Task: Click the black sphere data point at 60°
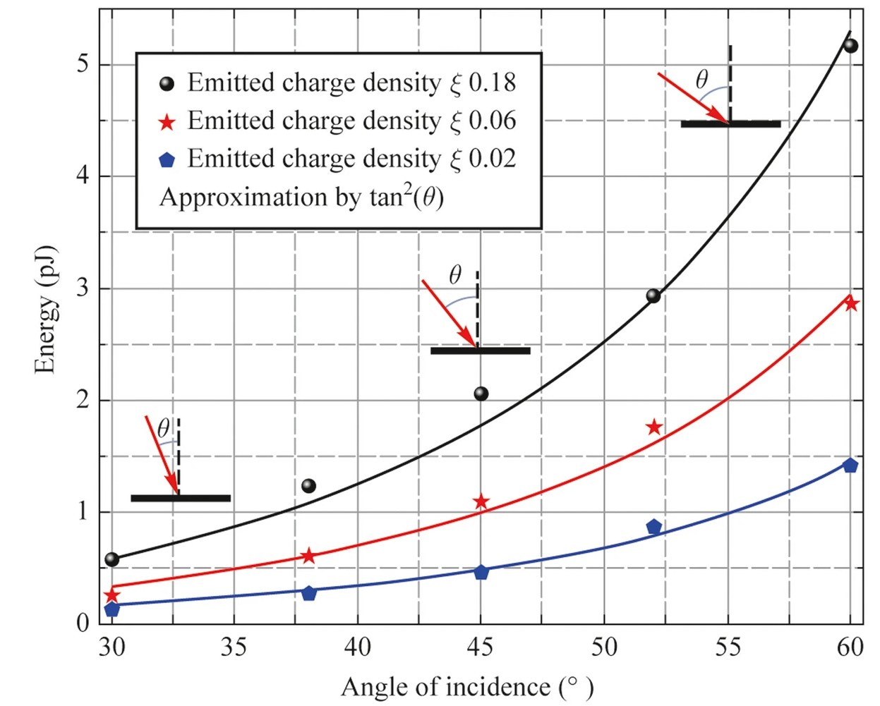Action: (x=850, y=46)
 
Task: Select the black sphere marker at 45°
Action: (x=481, y=394)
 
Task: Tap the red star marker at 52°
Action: (x=654, y=427)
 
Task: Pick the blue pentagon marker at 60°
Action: (x=850, y=465)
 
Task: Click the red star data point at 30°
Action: (x=111, y=595)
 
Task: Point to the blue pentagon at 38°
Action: (x=308, y=593)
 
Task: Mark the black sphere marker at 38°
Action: (x=308, y=486)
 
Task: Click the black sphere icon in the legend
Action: (x=167, y=84)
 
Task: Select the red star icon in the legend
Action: (x=167, y=122)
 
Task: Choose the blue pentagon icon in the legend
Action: (x=167, y=160)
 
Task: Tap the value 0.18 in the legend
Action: (x=493, y=83)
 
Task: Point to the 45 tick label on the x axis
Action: (x=481, y=646)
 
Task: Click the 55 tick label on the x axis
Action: (x=728, y=646)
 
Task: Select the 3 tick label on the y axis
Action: (x=83, y=288)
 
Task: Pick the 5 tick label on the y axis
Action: (x=83, y=64)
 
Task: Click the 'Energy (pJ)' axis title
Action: (x=45, y=310)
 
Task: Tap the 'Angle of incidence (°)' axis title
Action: (x=467, y=686)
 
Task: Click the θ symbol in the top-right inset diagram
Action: (x=701, y=80)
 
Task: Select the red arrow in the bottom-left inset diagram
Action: (x=162, y=455)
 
